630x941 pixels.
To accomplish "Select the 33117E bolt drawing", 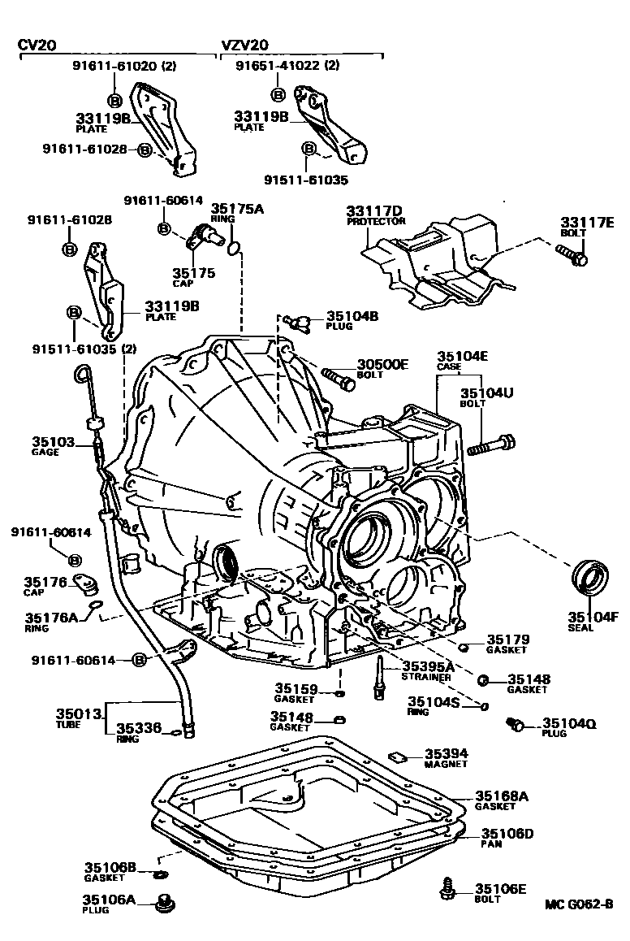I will (572, 255).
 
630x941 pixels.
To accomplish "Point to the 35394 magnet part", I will (398, 756).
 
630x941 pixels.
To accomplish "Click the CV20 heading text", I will (38, 46).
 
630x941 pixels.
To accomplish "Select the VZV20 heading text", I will (244, 46).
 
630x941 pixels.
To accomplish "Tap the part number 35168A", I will (501, 796).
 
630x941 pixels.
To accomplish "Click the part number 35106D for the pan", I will (507, 834).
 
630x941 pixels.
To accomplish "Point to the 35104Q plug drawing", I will (513, 723).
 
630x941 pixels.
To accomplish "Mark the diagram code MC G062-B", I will (578, 904).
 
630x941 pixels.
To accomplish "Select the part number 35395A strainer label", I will (427, 666).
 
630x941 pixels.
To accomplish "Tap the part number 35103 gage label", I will (54, 442).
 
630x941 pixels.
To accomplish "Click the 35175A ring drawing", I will (235, 247).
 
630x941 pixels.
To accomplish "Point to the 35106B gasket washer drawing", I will (160, 874).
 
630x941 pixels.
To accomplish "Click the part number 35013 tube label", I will (78, 713).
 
